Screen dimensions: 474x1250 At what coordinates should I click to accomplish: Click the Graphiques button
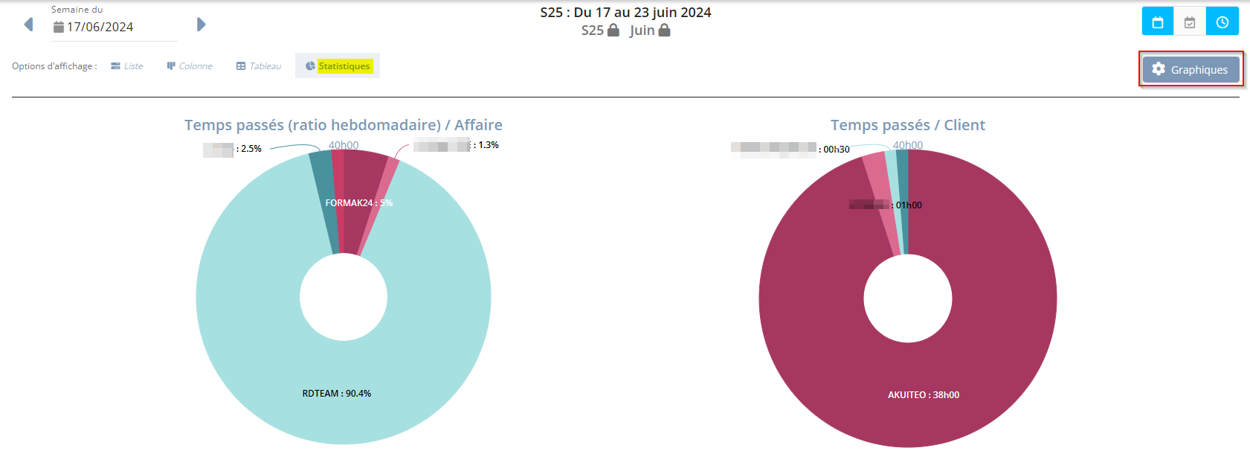coord(1191,69)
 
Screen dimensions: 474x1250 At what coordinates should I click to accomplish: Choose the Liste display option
coord(127,66)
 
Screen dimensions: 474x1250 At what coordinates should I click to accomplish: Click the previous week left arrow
coord(28,25)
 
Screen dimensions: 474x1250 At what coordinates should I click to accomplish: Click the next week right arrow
coord(201,25)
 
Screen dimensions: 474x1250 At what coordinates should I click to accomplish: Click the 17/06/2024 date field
coord(100,27)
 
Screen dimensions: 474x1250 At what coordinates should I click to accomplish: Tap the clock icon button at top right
coord(1222,22)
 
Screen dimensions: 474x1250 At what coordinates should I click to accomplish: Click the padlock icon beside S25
coord(613,31)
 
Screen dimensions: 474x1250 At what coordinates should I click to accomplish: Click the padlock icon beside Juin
coord(665,31)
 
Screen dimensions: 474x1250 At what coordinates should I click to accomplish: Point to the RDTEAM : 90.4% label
coord(336,393)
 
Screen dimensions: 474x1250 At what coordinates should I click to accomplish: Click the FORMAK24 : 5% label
coord(358,202)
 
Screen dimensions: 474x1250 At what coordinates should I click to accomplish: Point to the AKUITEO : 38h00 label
coord(923,395)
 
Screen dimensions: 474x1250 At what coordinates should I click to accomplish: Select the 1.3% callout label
coord(488,145)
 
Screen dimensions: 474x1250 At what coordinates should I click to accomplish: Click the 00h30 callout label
coord(836,150)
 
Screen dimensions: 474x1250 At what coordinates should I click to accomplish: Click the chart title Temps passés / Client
coord(907,125)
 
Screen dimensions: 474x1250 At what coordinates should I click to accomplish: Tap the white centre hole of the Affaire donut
coord(343,297)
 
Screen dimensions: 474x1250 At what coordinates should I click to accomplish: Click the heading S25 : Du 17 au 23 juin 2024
coord(625,13)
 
